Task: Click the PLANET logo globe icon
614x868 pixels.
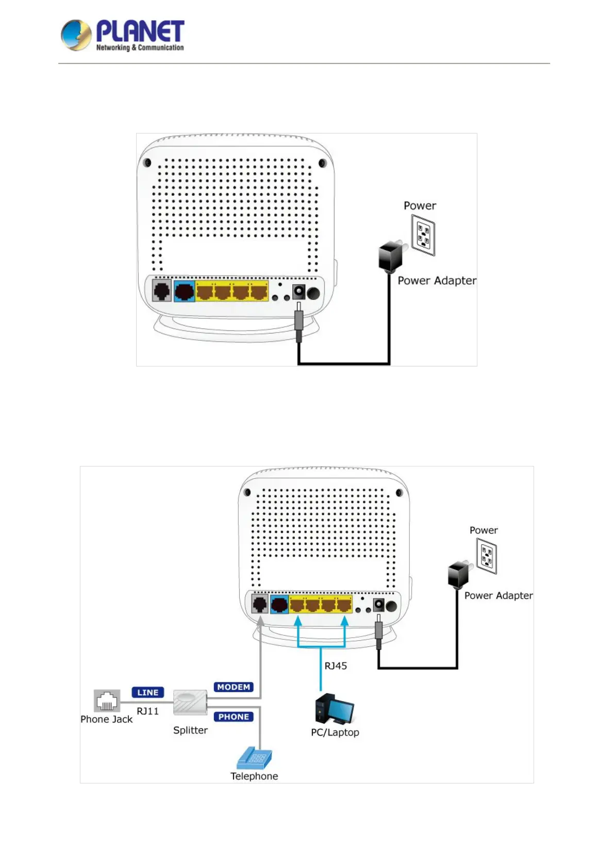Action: tap(76, 35)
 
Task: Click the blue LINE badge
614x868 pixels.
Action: tap(147, 692)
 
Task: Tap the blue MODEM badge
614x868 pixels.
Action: tap(234, 687)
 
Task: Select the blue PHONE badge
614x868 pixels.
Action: tap(234, 716)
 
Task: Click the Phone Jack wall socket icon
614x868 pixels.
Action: tap(107, 700)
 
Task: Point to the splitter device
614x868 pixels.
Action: tap(190, 703)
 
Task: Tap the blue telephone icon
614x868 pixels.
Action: tap(254, 758)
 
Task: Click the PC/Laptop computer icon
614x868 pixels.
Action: tap(334, 710)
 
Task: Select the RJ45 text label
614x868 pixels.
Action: tap(336, 666)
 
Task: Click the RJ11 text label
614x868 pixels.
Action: tap(147, 711)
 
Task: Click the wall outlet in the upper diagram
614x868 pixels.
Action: tap(423, 236)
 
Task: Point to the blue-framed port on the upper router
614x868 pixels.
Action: tap(184, 292)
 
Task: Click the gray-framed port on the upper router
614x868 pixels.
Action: tap(162, 291)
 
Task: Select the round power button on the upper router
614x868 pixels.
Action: tap(313, 293)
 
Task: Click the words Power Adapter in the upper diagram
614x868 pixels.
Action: tap(437, 280)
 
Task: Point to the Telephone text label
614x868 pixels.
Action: tap(254, 776)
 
